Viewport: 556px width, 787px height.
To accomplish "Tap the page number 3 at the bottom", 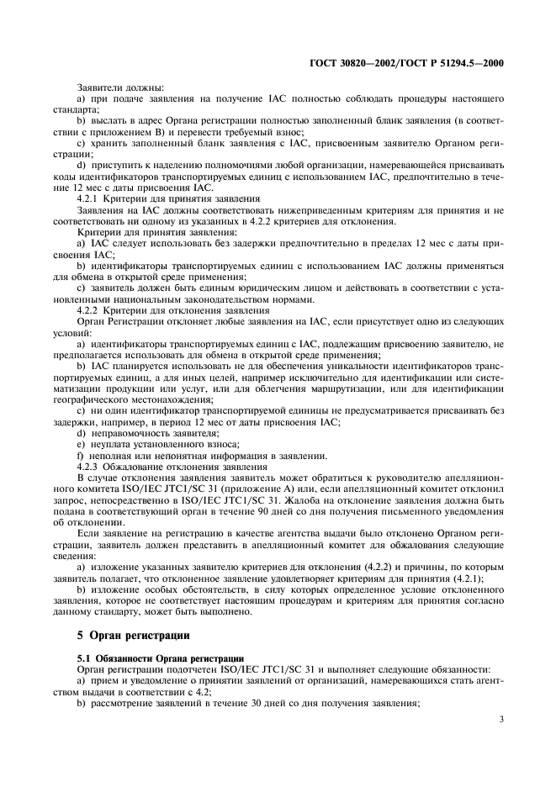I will click(500, 719).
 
